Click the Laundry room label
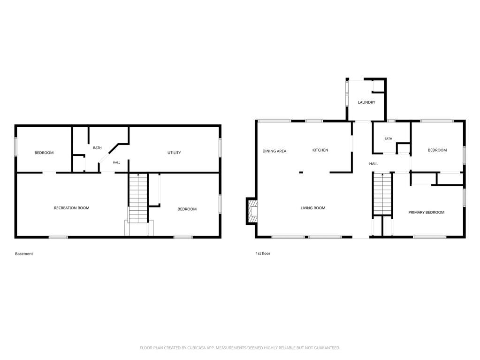click(x=366, y=102)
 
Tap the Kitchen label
click(x=320, y=150)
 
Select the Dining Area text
click(x=274, y=151)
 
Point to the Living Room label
click(x=313, y=208)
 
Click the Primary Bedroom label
click(x=427, y=212)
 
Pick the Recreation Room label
click(x=72, y=208)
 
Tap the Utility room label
click(x=174, y=153)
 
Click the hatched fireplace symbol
click(x=252, y=211)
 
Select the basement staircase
click(x=138, y=199)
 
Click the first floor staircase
click(x=382, y=194)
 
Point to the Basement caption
click(x=24, y=254)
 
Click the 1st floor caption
click(x=263, y=253)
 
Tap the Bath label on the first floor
click(x=388, y=138)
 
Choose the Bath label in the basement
click(x=97, y=148)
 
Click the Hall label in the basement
click(x=116, y=162)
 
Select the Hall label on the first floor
click(x=374, y=164)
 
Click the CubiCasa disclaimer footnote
click(x=240, y=348)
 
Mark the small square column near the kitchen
click(x=301, y=173)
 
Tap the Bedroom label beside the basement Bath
click(x=44, y=153)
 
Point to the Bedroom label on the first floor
click(x=437, y=150)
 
